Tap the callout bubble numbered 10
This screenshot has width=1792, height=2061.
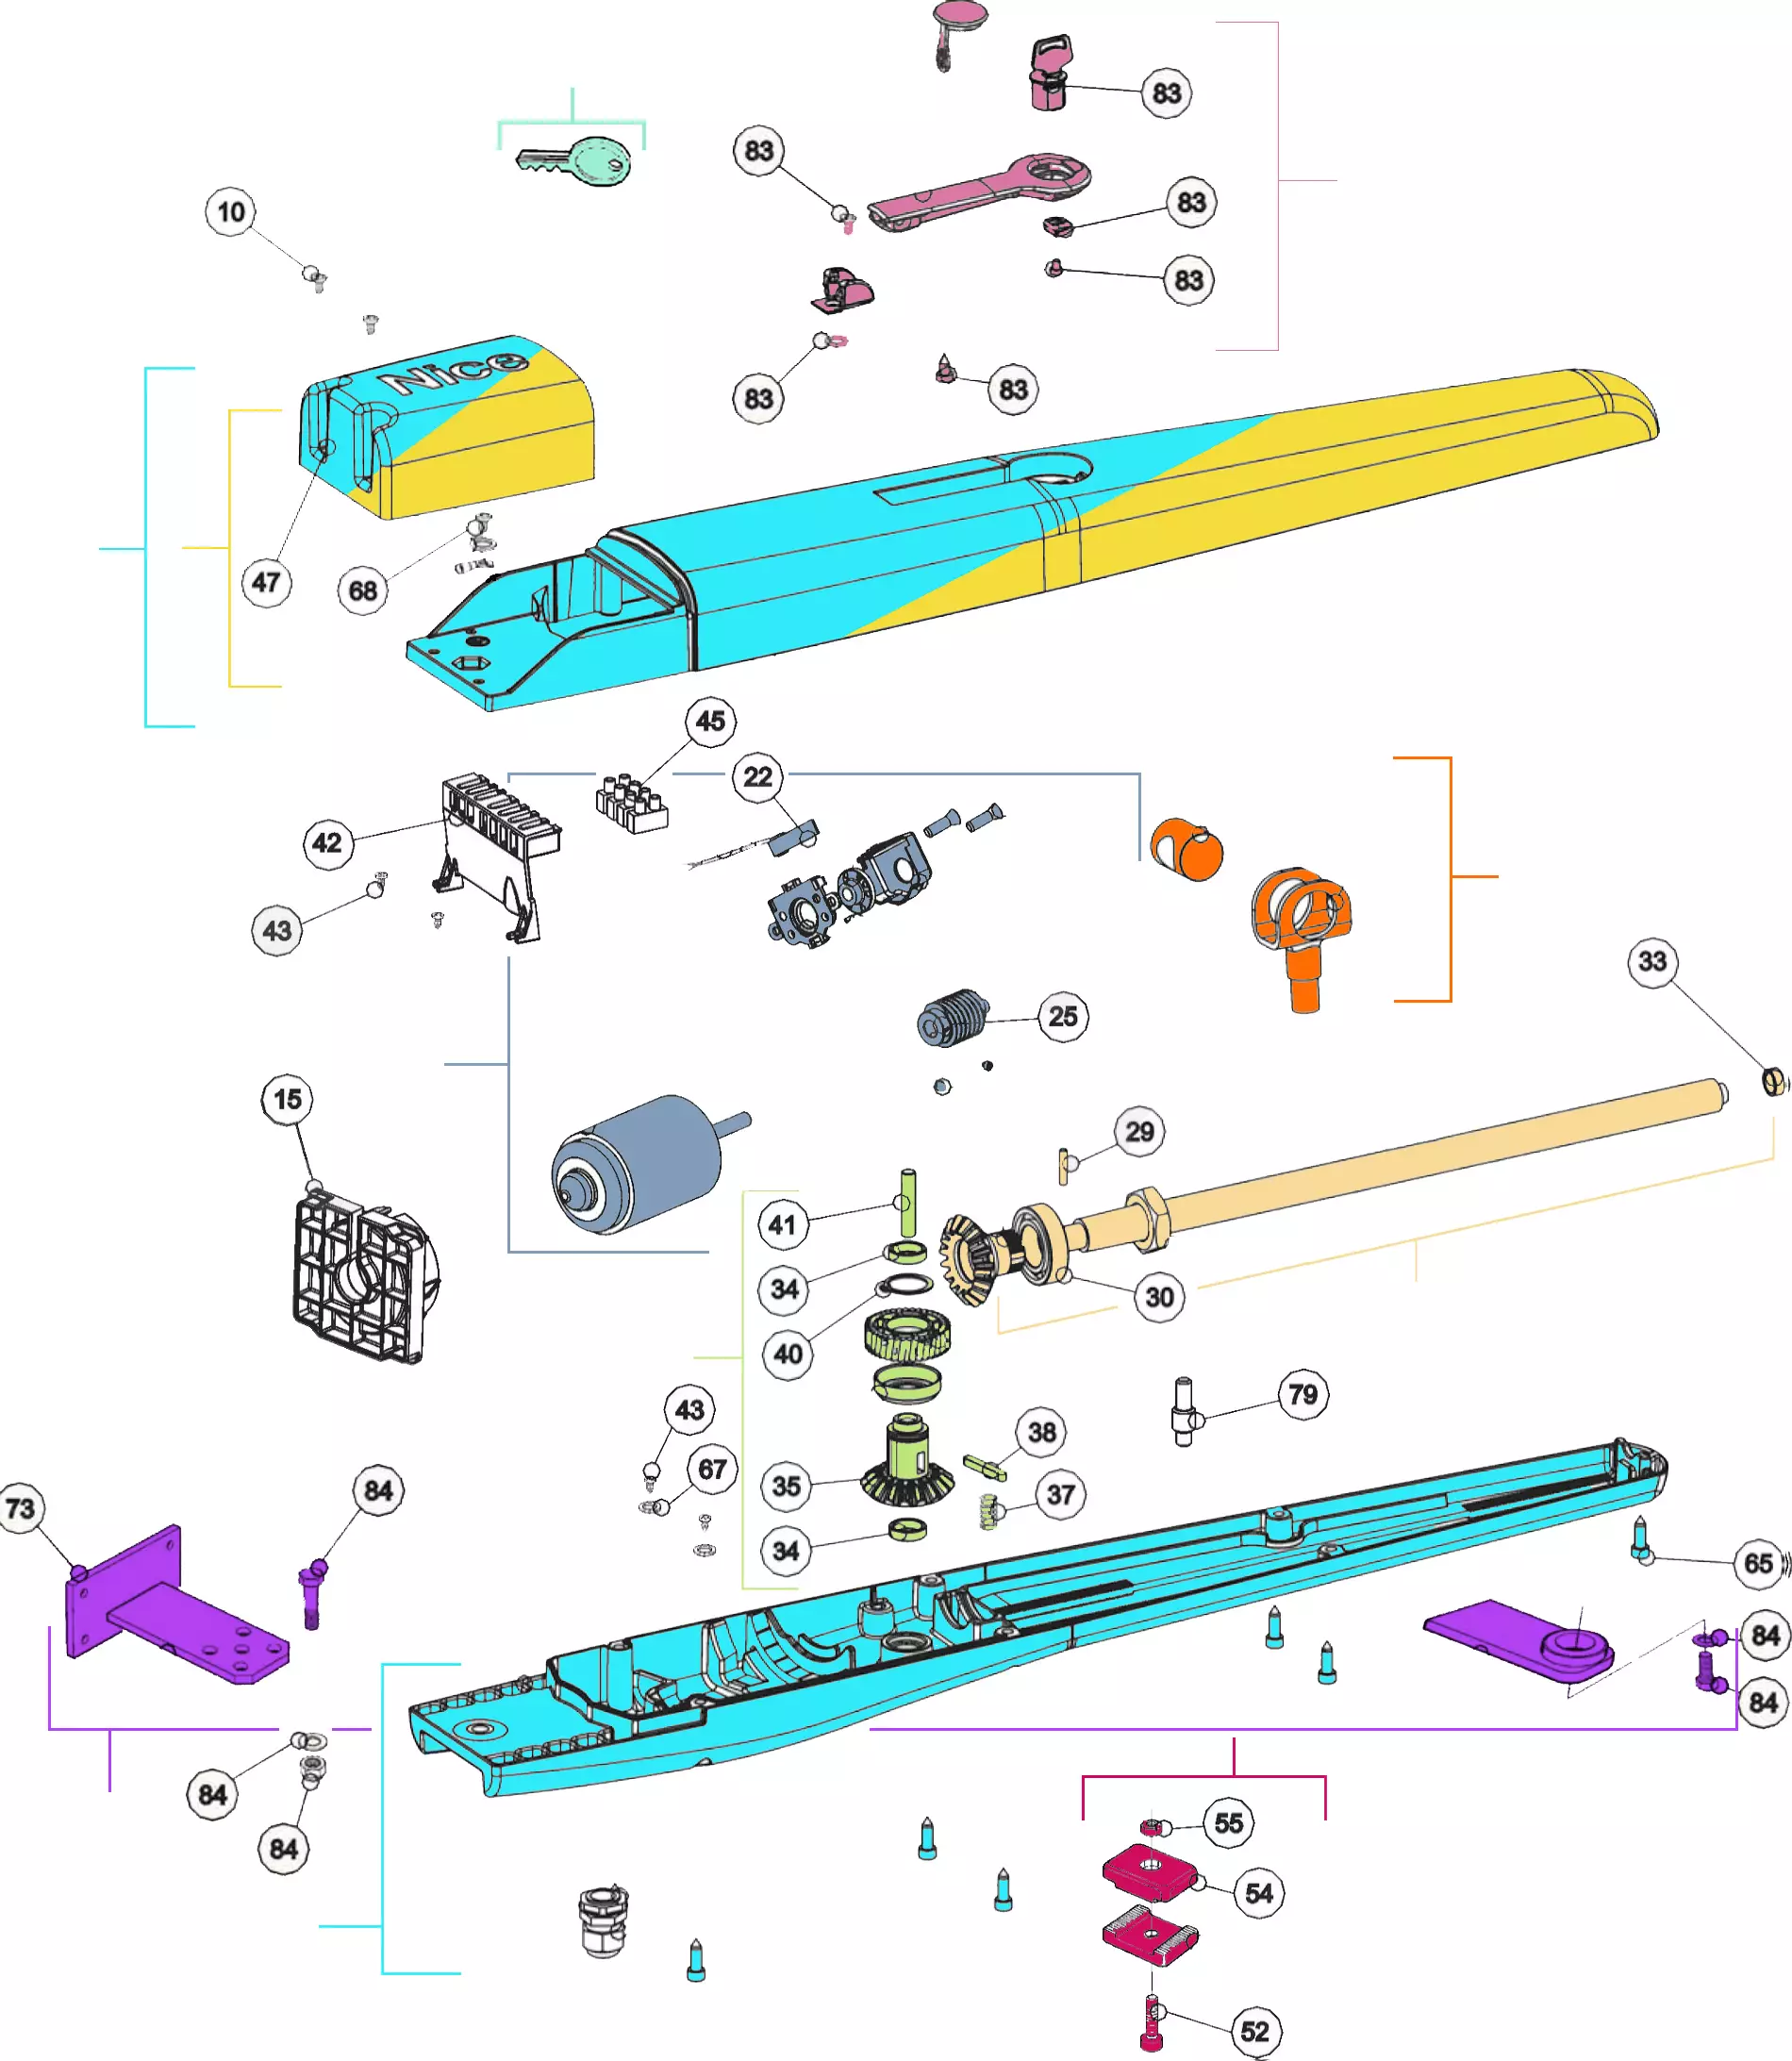click(231, 212)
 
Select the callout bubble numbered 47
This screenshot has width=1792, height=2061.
click(266, 582)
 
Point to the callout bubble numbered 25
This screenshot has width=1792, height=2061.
click(1063, 1017)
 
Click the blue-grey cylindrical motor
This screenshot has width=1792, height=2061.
click(638, 1165)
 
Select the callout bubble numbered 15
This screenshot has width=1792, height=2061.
click(287, 1100)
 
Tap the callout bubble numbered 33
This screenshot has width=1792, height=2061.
click(1652, 962)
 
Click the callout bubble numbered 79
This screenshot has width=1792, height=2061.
click(1303, 1394)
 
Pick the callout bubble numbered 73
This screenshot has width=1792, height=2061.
click(21, 1508)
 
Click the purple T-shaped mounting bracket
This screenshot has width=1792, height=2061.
click(170, 1610)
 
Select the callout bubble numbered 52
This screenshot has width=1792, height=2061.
click(1255, 2031)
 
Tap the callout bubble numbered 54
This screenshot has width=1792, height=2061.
click(1259, 1893)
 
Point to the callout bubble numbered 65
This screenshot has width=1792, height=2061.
click(1759, 1563)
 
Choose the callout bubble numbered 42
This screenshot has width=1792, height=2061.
click(327, 843)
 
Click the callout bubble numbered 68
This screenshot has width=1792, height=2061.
click(363, 591)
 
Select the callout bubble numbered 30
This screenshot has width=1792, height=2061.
click(1159, 1297)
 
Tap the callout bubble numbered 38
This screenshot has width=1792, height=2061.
click(1042, 1432)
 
